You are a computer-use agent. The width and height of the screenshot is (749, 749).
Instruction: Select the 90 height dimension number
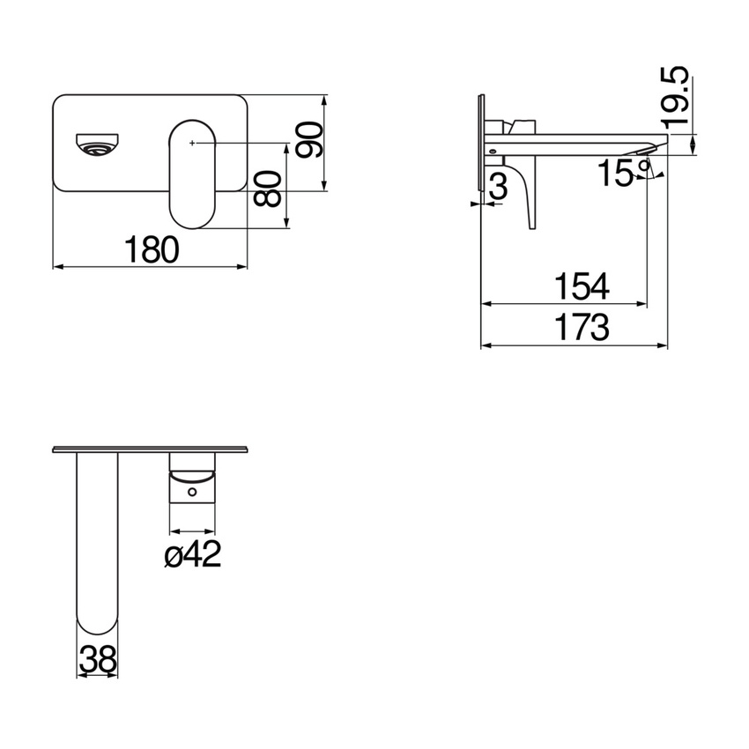pyautogui.click(x=309, y=141)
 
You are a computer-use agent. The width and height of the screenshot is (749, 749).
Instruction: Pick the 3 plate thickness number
pyautogui.click(x=498, y=187)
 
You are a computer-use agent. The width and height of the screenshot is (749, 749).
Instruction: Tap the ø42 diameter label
pyautogui.click(x=193, y=555)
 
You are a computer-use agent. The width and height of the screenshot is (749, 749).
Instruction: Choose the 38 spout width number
pyautogui.click(x=98, y=658)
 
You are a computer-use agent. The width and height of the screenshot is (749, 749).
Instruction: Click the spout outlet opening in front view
pyautogui.click(x=97, y=144)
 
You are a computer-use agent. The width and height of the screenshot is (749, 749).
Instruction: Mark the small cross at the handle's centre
pyautogui.click(x=192, y=142)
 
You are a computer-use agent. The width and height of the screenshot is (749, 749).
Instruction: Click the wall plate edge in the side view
pyautogui.click(x=481, y=145)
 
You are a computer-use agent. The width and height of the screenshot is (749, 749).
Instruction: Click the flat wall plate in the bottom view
pyautogui.click(x=151, y=449)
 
